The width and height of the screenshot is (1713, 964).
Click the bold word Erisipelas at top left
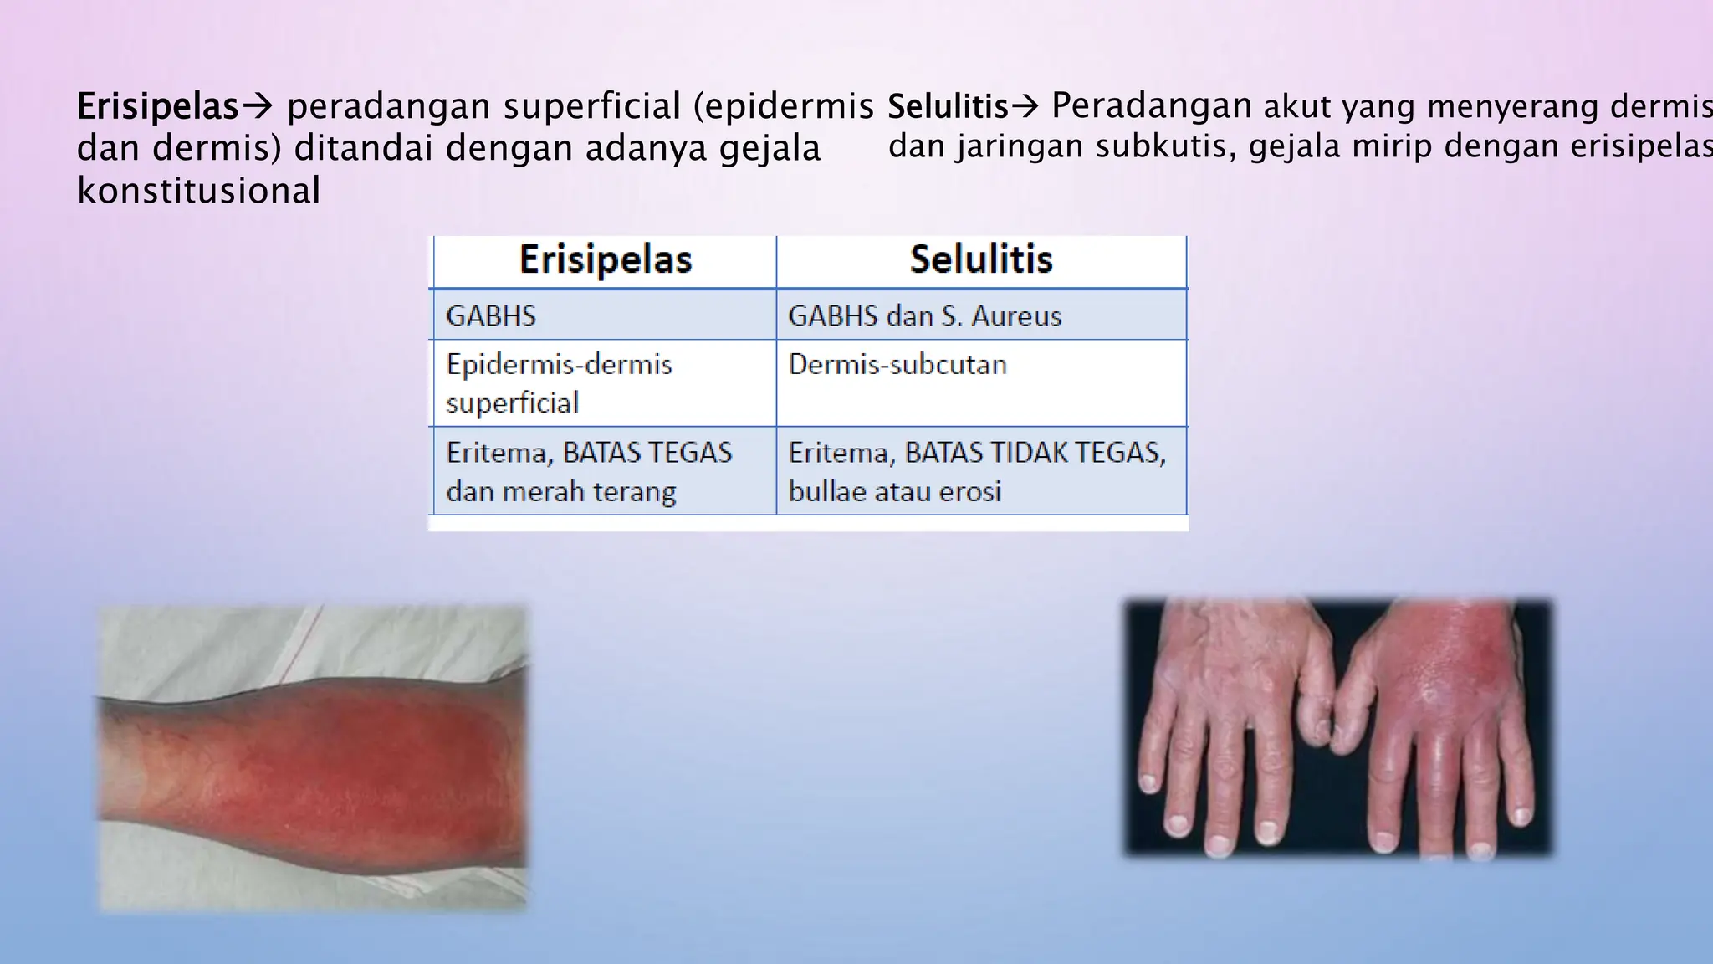coord(157,107)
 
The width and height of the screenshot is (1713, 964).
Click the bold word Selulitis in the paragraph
coord(948,107)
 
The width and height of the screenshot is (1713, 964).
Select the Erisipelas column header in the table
coord(606,259)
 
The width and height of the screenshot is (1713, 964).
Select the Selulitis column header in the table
coord(981,259)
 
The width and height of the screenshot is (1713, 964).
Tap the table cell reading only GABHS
coord(492,316)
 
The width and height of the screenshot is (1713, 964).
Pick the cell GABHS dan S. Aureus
coord(924,316)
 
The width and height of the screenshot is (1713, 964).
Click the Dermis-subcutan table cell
coord(897,365)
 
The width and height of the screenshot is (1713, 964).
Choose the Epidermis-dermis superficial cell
coord(559,383)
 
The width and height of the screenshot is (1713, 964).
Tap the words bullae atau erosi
coord(894,491)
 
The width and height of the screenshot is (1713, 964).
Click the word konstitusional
coord(198,192)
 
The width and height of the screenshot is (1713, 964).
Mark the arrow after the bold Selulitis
coord(1025,107)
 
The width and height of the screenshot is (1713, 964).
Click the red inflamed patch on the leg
coord(393,753)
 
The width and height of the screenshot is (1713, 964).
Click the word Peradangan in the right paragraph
coord(1151,106)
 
